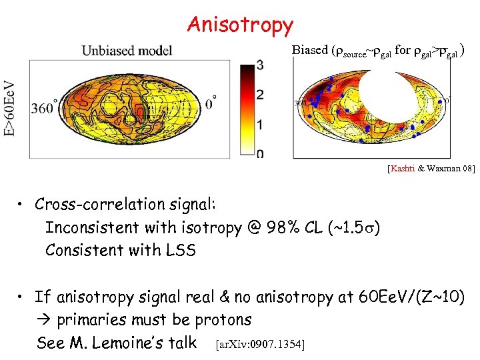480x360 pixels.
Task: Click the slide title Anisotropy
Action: point(240,25)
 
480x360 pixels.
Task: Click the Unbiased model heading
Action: point(127,51)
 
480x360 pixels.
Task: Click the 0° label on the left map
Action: point(211,104)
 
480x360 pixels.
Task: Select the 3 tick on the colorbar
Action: point(259,65)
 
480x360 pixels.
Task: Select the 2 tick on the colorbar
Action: point(259,95)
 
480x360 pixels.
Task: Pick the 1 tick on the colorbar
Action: point(259,125)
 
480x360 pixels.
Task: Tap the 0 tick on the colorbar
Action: point(259,154)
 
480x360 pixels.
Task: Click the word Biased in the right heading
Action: point(310,50)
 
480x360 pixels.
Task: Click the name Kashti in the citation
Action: point(402,169)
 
